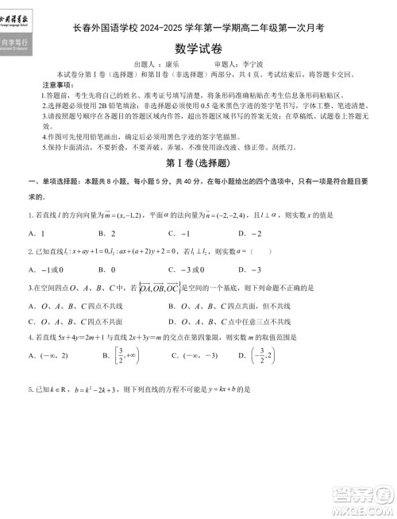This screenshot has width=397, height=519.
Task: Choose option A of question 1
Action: (37, 234)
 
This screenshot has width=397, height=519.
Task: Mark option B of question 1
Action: (107, 234)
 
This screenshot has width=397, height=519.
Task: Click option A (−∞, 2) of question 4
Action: (45, 356)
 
